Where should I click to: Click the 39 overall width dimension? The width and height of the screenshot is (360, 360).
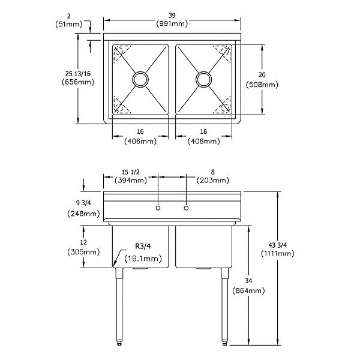(172, 16)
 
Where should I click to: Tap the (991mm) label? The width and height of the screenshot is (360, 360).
(172, 24)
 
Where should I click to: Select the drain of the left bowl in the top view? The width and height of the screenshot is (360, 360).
(140, 79)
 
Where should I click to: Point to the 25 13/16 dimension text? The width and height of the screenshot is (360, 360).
(78, 73)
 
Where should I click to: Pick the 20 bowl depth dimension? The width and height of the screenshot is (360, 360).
(262, 74)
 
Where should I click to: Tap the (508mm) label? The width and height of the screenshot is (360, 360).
(262, 85)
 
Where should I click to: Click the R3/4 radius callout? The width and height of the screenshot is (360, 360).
(143, 247)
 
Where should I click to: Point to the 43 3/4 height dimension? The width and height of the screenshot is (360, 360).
(277, 244)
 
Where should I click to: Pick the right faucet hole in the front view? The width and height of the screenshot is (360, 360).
(186, 208)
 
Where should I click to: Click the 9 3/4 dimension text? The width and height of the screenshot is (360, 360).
(83, 202)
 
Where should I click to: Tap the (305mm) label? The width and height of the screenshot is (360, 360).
(83, 252)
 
